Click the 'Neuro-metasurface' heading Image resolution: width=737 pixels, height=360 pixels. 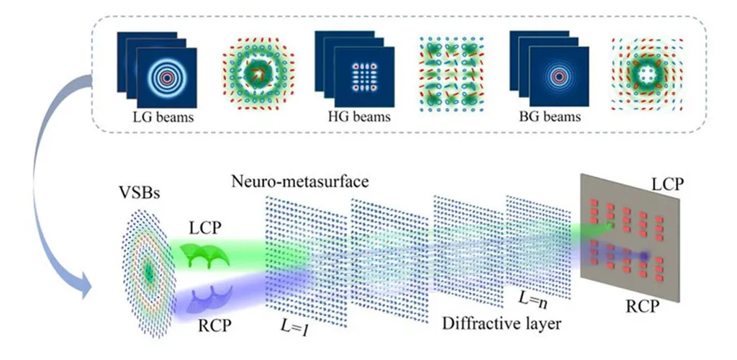click(299, 181)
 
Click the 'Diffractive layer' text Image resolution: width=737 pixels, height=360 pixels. click(501, 323)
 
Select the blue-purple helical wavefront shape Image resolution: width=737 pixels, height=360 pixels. click(208, 299)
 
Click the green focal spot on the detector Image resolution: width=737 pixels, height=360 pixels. click(610, 226)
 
